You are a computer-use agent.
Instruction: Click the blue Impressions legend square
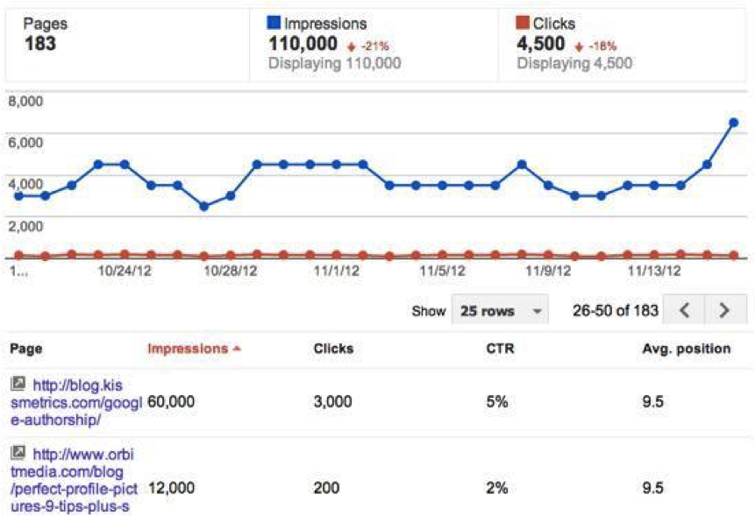pos(274,24)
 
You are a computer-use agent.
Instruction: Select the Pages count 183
pos(40,43)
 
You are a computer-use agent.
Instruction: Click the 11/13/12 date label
pos(652,271)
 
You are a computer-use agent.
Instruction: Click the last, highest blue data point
pos(733,123)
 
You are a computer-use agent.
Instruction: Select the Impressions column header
pos(193,349)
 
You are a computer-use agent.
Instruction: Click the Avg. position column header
pos(686,349)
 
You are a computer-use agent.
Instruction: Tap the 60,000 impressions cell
pos(171,401)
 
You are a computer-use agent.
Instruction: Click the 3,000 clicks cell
pos(332,401)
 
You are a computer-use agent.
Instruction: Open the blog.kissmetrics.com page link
pos(79,401)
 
